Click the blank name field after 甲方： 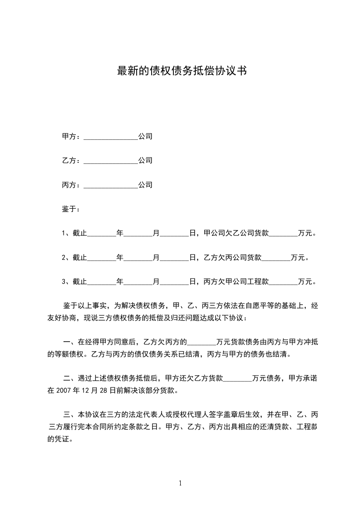(111, 137)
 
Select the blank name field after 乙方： (111, 161)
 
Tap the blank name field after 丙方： (111, 186)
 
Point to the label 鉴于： (71, 209)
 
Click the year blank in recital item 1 (101, 234)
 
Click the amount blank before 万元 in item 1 (284, 234)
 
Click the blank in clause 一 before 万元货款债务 (202, 342)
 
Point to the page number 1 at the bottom (180, 484)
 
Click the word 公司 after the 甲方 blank (145, 137)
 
